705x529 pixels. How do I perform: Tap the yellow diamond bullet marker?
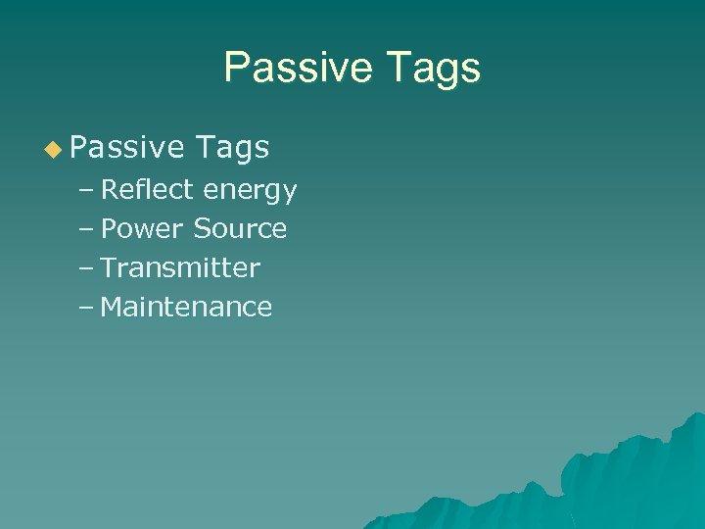[x=52, y=148]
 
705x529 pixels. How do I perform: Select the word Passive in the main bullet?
[x=127, y=148]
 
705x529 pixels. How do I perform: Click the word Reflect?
[x=148, y=189]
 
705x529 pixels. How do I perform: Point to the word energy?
[x=250, y=192]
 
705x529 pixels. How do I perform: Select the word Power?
[x=142, y=229]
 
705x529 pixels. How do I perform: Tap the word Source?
[x=240, y=229]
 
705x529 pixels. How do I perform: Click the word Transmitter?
[x=180, y=268]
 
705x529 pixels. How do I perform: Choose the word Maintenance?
[x=186, y=308]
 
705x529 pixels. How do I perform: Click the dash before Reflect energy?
[x=86, y=190]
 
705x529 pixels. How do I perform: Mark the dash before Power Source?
[x=86, y=229]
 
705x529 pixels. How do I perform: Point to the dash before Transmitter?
[x=86, y=268]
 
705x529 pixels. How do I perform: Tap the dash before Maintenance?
[x=86, y=308]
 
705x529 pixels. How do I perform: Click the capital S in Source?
[x=201, y=229]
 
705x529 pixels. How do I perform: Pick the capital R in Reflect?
[x=109, y=189]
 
